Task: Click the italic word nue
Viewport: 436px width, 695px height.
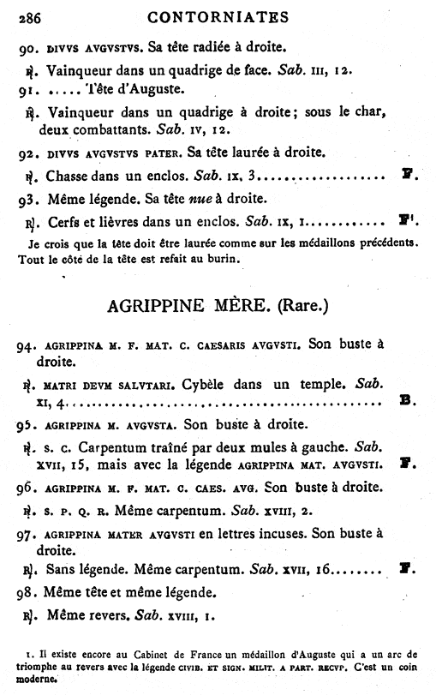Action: pos(200,200)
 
